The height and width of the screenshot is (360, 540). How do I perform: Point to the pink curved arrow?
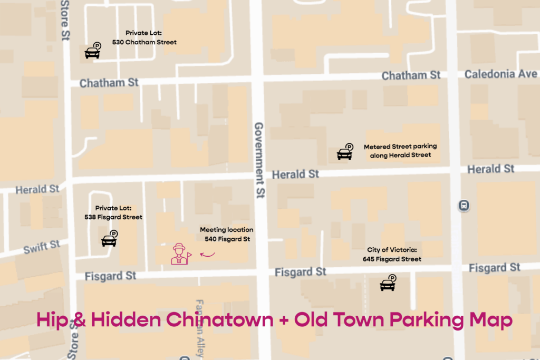(207, 255)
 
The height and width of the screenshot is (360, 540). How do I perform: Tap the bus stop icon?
(464, 206)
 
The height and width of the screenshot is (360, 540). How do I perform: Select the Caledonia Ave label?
(500, 74)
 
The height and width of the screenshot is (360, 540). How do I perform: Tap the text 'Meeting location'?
(226, 230)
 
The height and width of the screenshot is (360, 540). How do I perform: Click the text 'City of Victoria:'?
(391, 250)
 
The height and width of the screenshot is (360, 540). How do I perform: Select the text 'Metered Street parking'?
(400, 147)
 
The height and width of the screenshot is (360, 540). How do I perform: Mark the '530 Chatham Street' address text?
(144, 42)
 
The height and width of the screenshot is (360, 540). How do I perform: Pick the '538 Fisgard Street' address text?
(113, 217)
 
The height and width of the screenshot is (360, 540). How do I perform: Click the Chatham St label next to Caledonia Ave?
(411, 75)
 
